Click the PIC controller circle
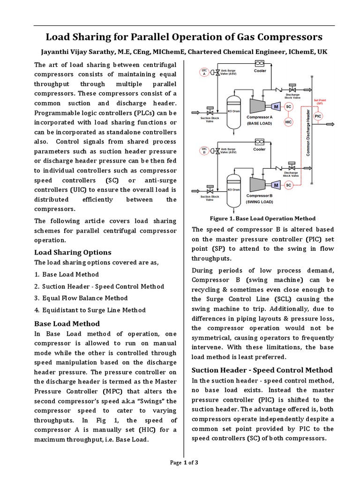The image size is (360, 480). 318,116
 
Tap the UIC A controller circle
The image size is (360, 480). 204,72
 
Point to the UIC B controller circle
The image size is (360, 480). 204,150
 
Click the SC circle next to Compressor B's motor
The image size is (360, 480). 288,185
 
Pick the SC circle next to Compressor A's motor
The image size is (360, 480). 288,107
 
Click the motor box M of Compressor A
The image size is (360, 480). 277,107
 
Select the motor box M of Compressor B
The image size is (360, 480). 277,185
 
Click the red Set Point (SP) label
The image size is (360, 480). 318,102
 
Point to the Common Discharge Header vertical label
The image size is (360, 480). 308,135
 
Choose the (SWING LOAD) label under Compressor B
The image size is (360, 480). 259,202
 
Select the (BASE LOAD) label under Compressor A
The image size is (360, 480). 259,123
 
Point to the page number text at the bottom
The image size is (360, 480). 184,463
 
